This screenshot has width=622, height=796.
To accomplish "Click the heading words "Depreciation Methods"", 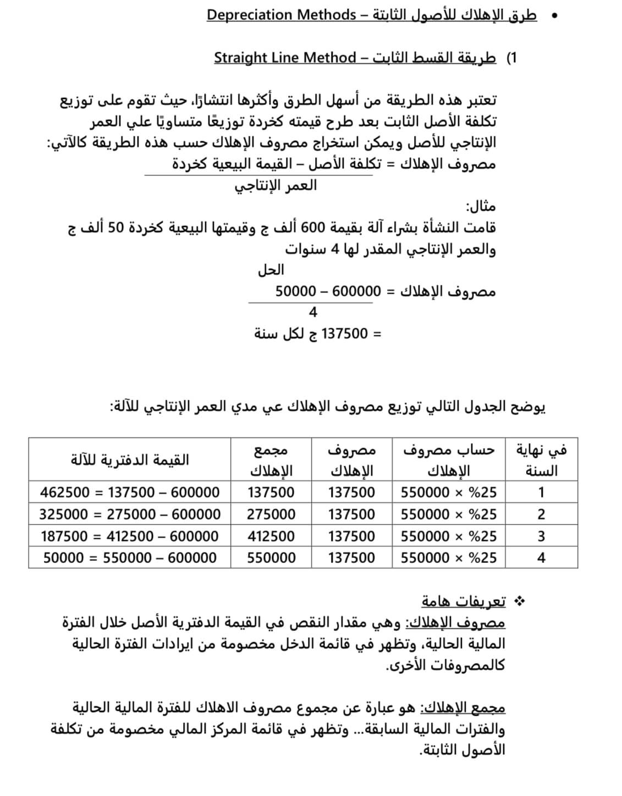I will [x=281, y=15].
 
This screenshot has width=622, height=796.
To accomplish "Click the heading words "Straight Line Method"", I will [x=285, y=58].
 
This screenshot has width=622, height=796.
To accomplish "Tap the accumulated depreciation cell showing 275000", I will [x=271, y=514].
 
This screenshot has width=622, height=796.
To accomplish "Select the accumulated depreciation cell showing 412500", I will [x=271, y=536].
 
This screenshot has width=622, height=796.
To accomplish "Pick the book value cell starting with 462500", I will [x=130, y=492].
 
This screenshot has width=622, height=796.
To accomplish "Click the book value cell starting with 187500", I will [x=130, y=536].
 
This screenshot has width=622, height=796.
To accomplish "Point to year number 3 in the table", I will [x=541, y=536].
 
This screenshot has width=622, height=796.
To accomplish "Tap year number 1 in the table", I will [x=541, y=492].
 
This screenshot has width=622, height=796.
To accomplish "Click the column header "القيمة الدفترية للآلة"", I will [x=130, y=460].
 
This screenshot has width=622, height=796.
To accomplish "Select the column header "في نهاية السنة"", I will [x=541, y=460].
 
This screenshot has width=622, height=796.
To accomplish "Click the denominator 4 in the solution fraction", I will [x=313, y=312].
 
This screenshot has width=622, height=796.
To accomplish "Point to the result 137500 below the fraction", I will [x=344, y=334].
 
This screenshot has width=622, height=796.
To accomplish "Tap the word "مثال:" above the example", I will [x=481, y=207].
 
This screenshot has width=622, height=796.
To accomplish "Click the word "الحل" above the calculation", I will [x=271, y=270].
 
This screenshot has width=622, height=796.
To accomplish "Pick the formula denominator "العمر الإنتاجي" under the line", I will [x=276, y=185].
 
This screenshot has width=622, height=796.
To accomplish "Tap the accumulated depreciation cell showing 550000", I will [x=271, y=558].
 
